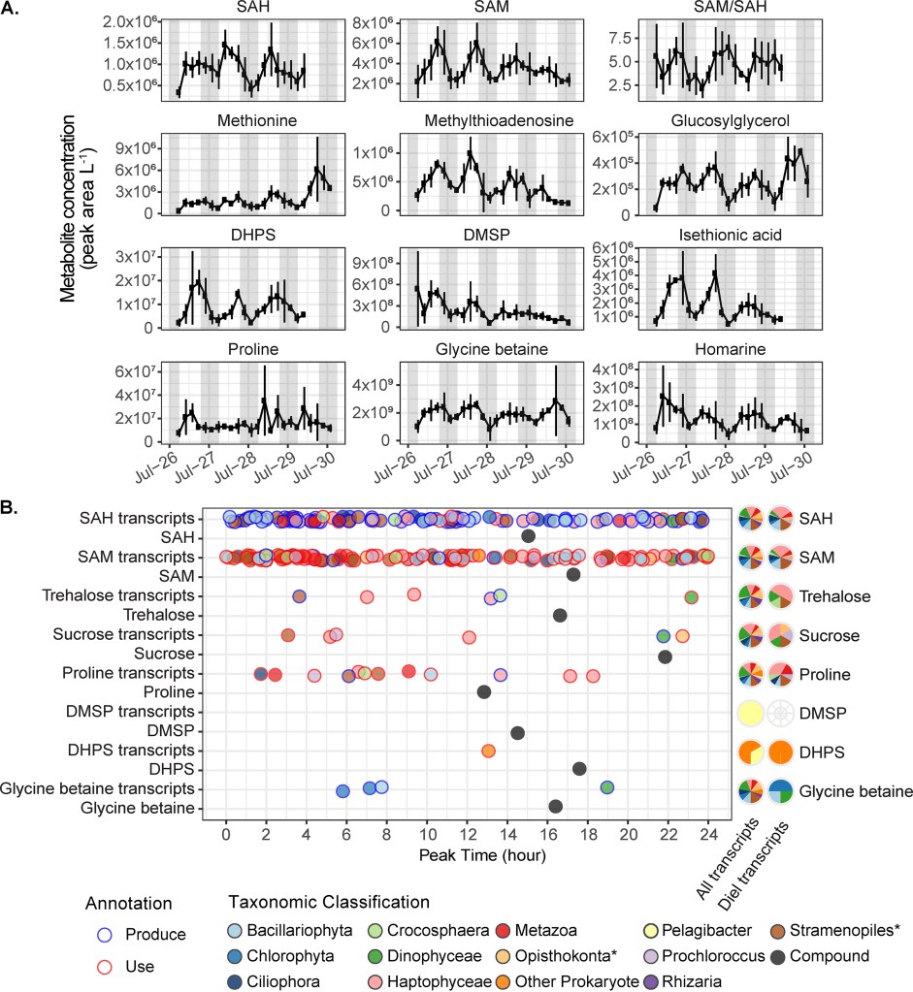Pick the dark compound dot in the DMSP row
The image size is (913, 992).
point(518,732)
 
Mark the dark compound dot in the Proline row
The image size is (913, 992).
point(484,691)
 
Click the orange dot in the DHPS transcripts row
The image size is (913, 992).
point(488,751)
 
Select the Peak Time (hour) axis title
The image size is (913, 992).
point(468,856)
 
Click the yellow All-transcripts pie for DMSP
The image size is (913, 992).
point(752,713)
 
